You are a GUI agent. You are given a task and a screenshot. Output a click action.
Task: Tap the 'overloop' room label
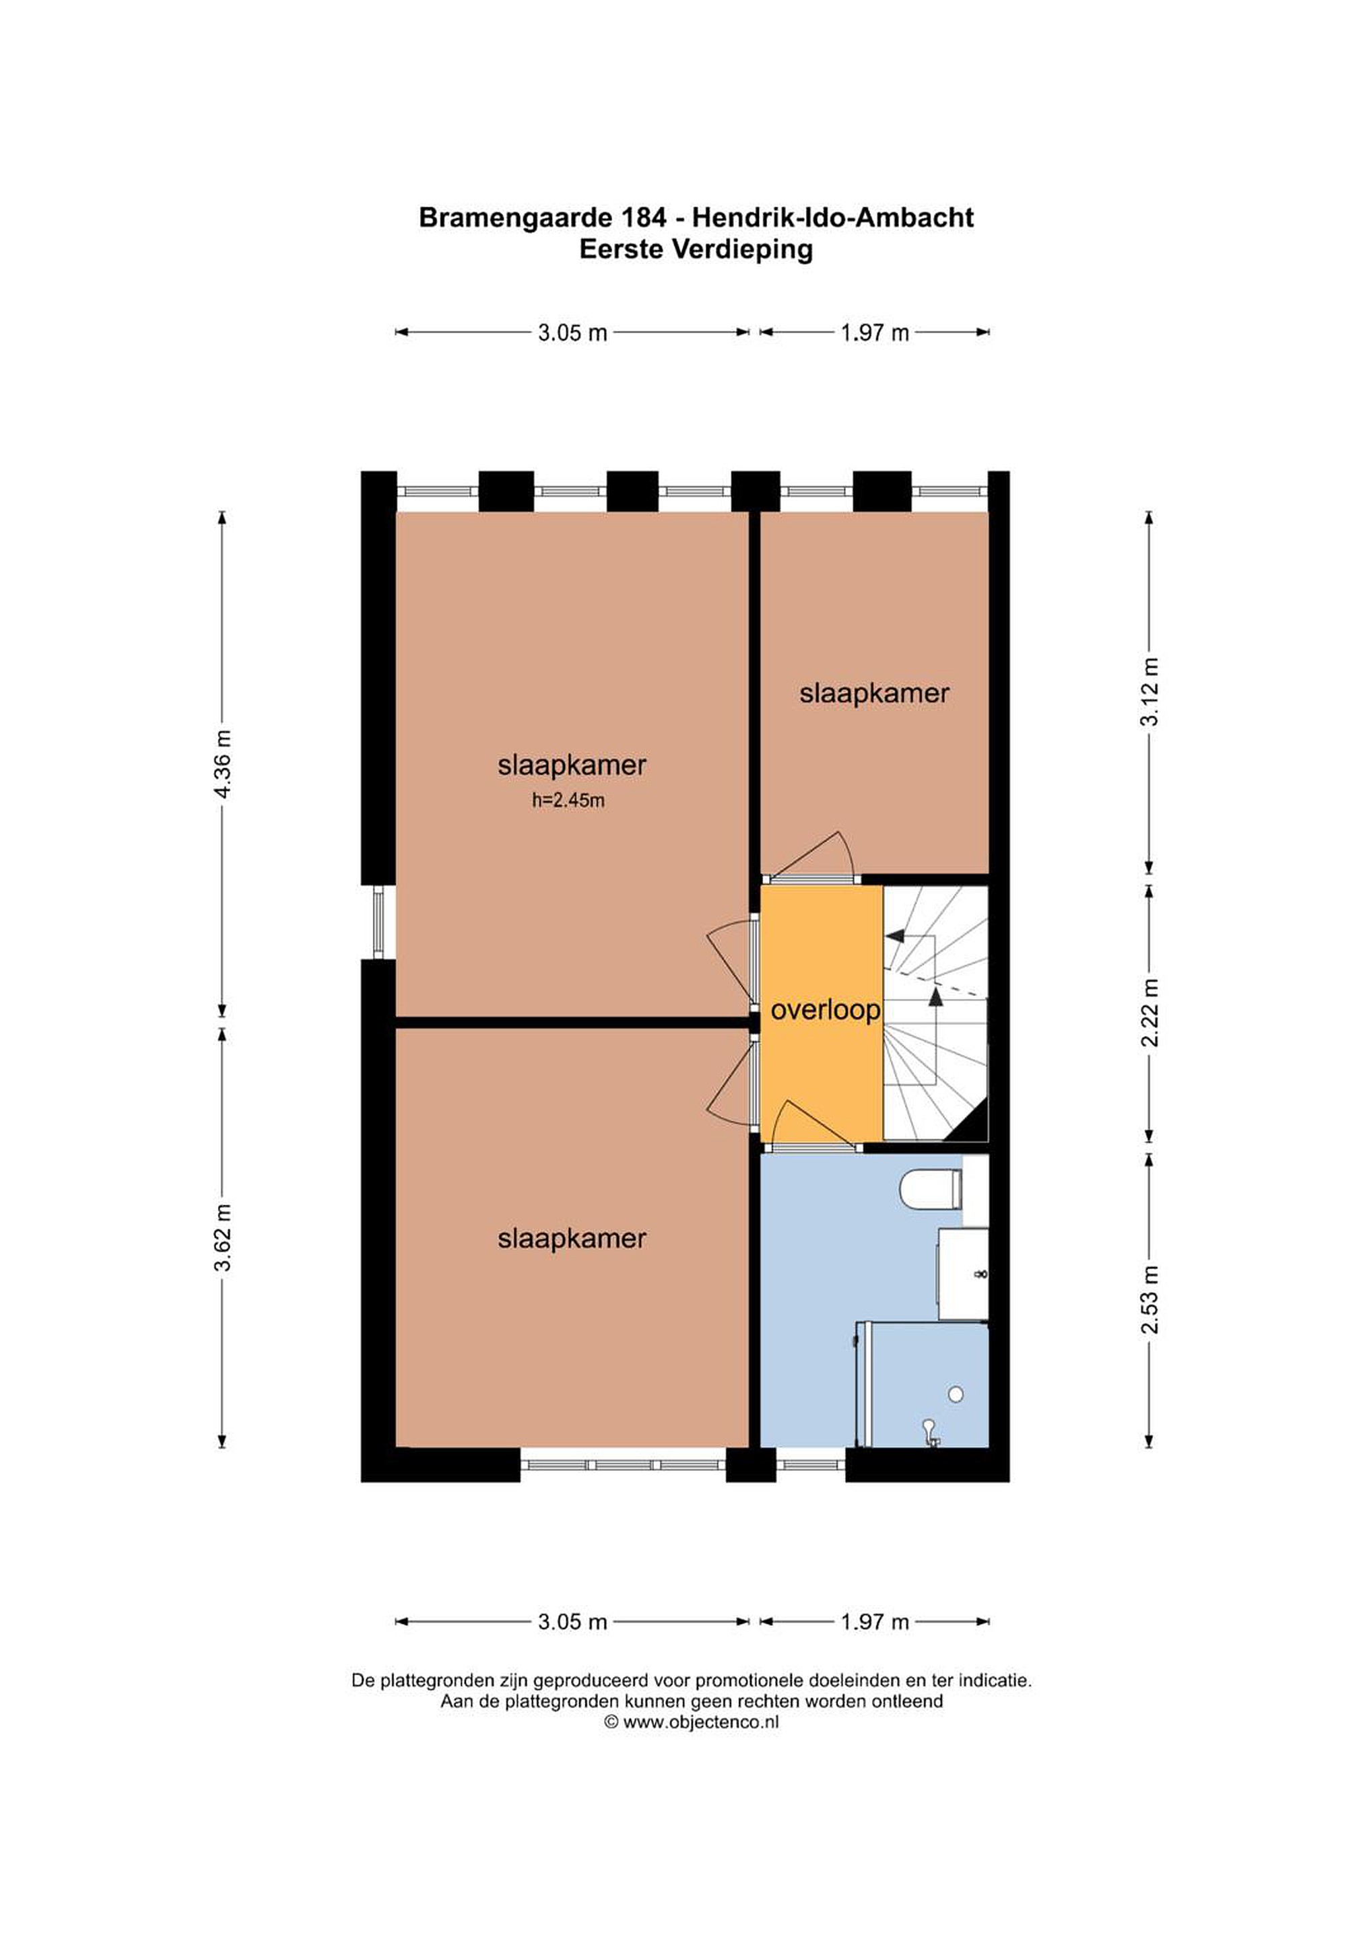(x=826, y=1010)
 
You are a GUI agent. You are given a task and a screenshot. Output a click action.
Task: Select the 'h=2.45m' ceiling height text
(x=568, y=801)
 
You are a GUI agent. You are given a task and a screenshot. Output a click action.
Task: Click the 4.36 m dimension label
(x=222, y=763)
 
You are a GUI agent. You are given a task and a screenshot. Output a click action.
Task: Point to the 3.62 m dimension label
(x=222, y=1237)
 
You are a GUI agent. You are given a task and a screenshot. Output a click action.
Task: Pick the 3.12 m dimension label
(x=1149, y=691)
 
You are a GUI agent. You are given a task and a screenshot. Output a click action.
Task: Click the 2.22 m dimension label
(x=1149, y=1013)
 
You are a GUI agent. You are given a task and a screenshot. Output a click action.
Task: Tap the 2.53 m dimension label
(x=1149, y=1299)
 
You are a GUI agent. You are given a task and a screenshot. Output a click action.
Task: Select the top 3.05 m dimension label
(x=573, y=333)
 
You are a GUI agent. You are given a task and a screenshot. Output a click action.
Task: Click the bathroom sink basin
(x=963, y=1274)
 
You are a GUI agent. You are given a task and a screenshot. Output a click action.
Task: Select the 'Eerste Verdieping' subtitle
(x=696, y=250)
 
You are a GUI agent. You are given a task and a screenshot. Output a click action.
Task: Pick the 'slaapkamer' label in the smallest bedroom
(x=874, y=693)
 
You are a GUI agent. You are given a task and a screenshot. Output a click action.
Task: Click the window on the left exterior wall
(x=378, y=922)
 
